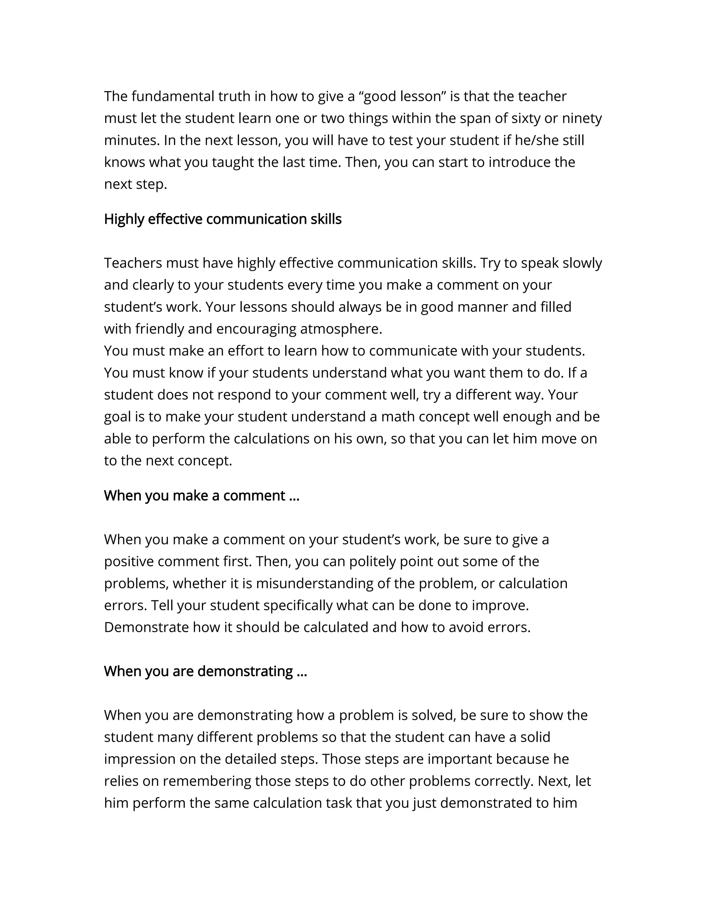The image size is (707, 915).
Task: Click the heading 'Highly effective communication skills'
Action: [222, 219]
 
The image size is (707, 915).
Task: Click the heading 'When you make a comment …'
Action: [202, 495]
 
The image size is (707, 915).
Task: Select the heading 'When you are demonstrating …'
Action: [205, 671]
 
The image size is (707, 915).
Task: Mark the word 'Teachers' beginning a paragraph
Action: [133, 263]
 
